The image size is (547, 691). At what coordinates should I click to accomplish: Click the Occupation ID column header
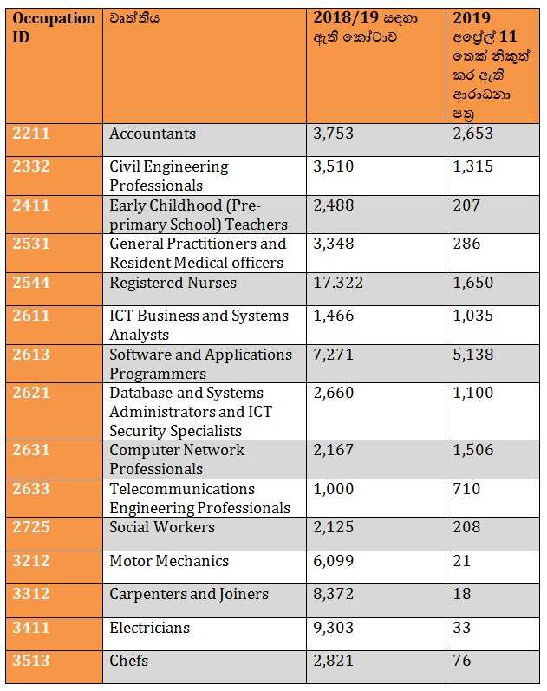[x=54, y=29]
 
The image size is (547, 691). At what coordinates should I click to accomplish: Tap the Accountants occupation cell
[x=153, y=134]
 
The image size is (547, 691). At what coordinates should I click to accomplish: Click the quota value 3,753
[x=334, y=134]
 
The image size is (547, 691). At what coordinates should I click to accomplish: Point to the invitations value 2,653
[x=473, y=134]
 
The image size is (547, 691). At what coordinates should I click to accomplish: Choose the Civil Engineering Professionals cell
[x=169, y=176]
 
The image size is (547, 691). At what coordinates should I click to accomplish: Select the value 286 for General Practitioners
[x=466, y=244]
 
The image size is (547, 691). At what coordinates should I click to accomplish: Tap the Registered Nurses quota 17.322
[x=338, y=284]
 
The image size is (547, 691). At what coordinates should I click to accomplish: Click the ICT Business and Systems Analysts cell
[x=199, y=325]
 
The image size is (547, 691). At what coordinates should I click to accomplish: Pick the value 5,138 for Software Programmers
[x=473, y=355]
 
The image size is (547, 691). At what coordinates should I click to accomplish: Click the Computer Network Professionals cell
[x=177, y=460]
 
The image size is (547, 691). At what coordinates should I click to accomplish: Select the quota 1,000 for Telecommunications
[x=334, y=489]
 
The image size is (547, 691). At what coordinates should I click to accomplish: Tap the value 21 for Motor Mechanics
[x=462, y=561]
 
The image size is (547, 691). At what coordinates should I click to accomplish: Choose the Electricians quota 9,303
[x=334, y=628]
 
